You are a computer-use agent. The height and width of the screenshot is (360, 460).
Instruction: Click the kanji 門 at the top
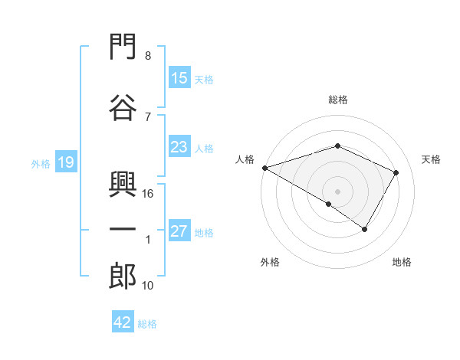pos(123,46)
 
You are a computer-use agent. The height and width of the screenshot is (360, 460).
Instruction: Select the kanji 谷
pos(123,107)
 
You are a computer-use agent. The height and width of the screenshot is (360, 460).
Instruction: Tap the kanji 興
pos(123,184)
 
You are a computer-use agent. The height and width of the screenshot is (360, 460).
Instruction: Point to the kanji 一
pos(123,230)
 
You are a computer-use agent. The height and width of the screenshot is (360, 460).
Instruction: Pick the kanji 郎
pos(123,276)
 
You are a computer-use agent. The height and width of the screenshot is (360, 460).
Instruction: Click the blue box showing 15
pos(180,77)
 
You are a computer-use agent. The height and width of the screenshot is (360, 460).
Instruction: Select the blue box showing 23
pos(180,146)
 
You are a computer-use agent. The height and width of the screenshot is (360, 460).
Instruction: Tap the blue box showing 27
pos(180,230)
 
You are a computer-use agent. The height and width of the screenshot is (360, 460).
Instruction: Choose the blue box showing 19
pos(66,162)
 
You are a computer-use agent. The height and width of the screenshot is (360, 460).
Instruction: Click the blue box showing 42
pos(123,321)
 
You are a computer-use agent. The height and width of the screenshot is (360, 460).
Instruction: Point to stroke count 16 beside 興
pos(147,194)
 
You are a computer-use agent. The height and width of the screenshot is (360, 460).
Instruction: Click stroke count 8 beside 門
pos(148,55)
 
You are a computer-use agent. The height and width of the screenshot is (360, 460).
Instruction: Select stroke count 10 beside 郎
pos(147,285)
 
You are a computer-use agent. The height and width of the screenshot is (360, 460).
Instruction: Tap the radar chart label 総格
pos(338,100)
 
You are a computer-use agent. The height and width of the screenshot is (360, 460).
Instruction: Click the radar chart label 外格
pos(270,262)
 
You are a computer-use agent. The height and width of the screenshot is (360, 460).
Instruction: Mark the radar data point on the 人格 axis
pos(265,168)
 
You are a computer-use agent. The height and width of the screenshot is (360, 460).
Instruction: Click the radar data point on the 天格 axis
pos(396,172)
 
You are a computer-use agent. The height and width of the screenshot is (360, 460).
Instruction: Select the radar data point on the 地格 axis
pos(365,229)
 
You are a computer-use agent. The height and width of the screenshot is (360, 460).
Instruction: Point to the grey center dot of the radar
pos(337,191)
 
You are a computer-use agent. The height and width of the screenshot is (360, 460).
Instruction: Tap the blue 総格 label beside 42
pos(147,324)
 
